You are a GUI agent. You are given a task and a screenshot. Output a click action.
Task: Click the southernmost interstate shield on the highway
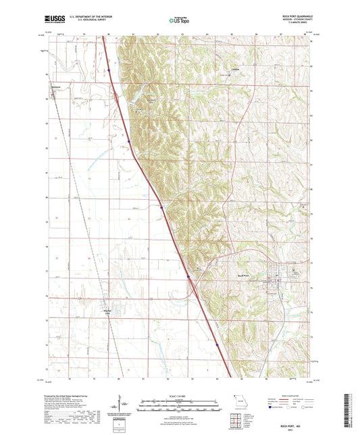click(x=217, y=345)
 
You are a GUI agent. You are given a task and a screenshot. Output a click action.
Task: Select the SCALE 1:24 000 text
click(x=180, y=395)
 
